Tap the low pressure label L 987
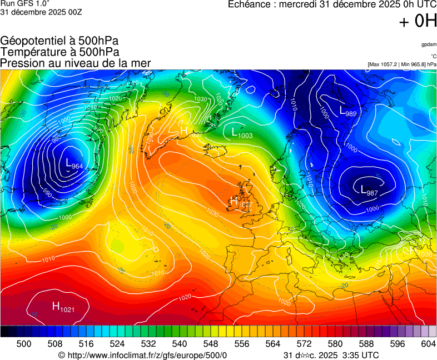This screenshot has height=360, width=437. tap(369, 191)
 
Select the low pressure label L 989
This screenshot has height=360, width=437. tap(348, 111)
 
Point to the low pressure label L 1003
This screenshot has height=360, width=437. tap(242, 133)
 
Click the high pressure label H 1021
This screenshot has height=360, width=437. tap(63, 306)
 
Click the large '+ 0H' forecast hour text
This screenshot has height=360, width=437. tap(418, 21)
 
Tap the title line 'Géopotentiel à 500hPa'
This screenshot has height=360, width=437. tap(59, 41)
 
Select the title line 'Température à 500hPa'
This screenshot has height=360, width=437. tap(59, 52)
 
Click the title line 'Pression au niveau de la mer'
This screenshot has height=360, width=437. tap(76, 63)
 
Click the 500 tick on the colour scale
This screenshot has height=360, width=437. tap(24, 344)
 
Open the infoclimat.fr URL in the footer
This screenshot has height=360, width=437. tap(147, 355)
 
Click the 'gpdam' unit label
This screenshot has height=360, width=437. tap(429, 44)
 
